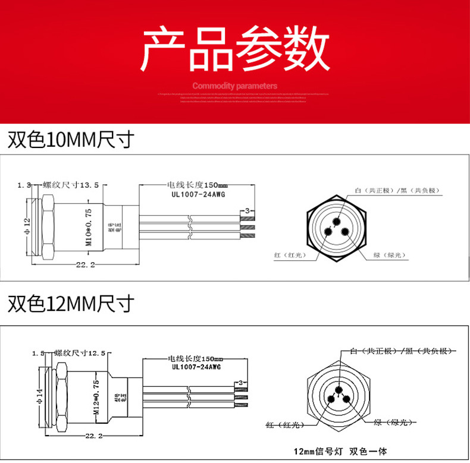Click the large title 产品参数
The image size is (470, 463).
click(x=235, y=49)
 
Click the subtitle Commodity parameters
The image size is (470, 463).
click(x=235, y=86)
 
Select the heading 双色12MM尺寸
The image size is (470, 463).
click(x=70, y=304)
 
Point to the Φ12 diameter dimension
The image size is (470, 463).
click(x=27, y=226)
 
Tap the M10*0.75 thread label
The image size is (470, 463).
click(x=89, y=227)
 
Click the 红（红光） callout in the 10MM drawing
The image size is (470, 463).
click(x=289, y=255)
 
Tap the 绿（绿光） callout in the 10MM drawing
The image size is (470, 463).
click(x=389, y=255)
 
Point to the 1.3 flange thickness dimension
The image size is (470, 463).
click(x=24, y=185)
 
